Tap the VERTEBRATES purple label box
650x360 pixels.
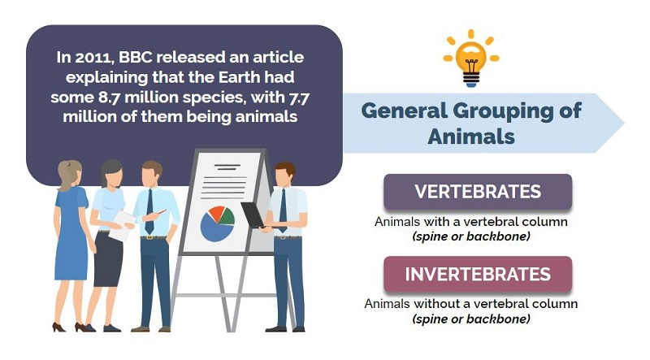click(478, 192)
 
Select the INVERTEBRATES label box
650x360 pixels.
click(478, 274)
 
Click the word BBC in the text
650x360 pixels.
click(135, 57)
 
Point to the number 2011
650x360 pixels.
click(93, 58)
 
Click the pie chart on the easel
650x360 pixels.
click(217, 224)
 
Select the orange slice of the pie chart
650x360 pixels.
click(216, 213)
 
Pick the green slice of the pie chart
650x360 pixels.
click(227, 217)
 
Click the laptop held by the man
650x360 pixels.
click(253, 215)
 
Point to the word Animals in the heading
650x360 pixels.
click(471, 137)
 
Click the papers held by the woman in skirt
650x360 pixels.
click(121, 226)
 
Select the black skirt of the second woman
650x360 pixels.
click(108, 259)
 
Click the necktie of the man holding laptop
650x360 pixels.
click(283, 210)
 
